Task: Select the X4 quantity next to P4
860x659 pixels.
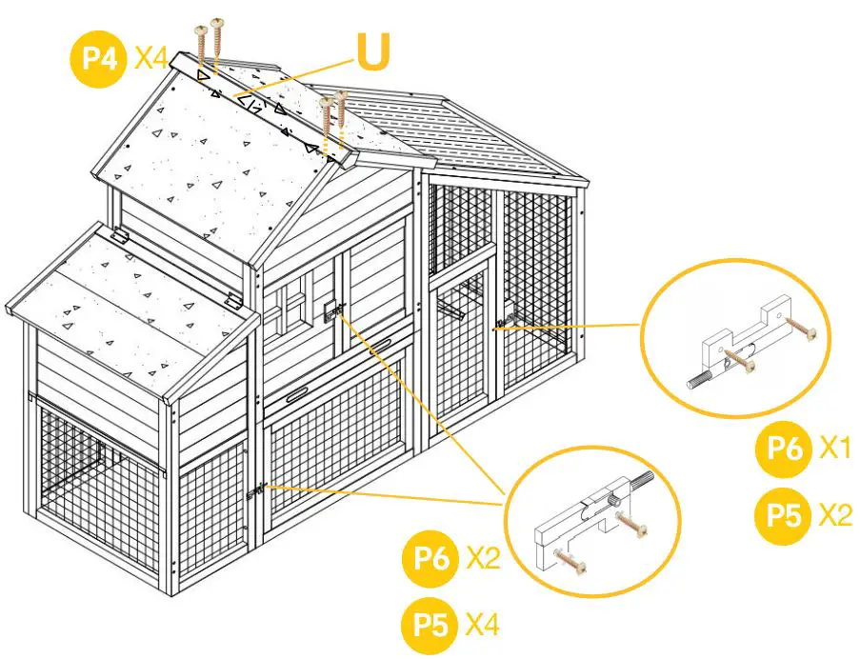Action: point(152,58)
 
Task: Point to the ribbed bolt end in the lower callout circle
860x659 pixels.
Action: point(642,482)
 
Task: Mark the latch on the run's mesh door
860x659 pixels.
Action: point(499,325)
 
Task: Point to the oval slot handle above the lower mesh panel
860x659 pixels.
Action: point(296,394)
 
